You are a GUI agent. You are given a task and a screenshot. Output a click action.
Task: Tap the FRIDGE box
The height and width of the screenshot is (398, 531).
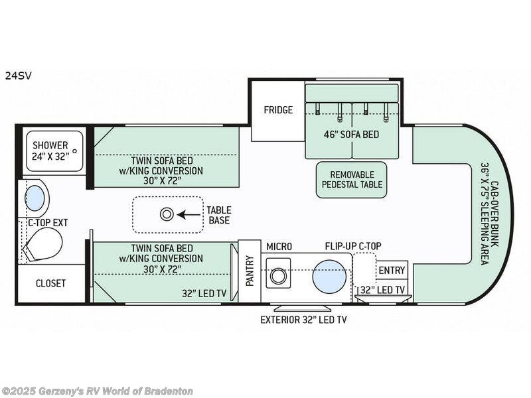(x=277, y=110)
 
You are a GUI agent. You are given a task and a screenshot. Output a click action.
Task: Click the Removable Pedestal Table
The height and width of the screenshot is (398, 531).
(x=351, y=179)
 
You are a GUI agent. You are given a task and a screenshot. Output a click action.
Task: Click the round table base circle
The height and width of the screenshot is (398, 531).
(x=167, y=214)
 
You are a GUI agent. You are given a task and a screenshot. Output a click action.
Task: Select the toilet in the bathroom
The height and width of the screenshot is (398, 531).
(x=42, y=245)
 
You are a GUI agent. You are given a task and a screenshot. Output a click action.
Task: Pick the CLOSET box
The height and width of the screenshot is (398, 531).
(x=51, y=283)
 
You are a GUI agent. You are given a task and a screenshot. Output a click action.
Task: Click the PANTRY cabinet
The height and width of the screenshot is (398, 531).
(x=250, y=271)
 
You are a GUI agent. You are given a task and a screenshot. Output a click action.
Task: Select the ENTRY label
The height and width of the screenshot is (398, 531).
(x=392, y=270)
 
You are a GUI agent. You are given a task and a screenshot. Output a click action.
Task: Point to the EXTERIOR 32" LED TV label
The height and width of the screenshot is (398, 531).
(x=303, y=320)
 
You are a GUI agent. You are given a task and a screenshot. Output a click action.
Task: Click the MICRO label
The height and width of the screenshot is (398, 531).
(x=279, y=246)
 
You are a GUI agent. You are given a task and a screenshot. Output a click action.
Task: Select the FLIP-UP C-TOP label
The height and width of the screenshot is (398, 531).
(x=350, y=246)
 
